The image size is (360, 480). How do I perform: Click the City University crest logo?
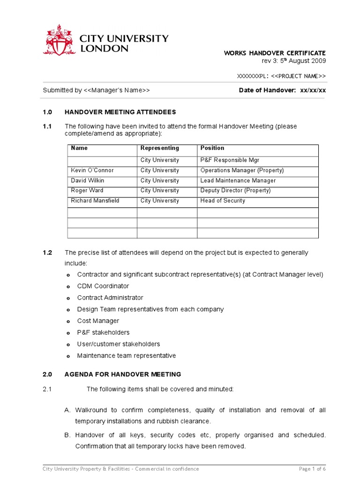[59, 40]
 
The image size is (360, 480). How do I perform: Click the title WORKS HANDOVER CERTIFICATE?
[274, 53]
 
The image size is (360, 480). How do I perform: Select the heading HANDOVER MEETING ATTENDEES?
[120, 112]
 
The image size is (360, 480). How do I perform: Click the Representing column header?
[159, 148]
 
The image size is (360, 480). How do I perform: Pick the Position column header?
[212, 148]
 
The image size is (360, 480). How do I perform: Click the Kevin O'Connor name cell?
[92, 171]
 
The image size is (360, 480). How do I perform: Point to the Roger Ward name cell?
[87, 191]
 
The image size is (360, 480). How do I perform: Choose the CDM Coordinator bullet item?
[103, 286]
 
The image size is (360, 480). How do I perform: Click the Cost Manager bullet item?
[98, 321]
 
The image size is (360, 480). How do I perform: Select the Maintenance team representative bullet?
[127, 356]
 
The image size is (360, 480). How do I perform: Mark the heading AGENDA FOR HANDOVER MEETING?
[122, 375]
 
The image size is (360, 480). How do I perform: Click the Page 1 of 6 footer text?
[312, 469]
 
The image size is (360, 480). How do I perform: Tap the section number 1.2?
[47, 253]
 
